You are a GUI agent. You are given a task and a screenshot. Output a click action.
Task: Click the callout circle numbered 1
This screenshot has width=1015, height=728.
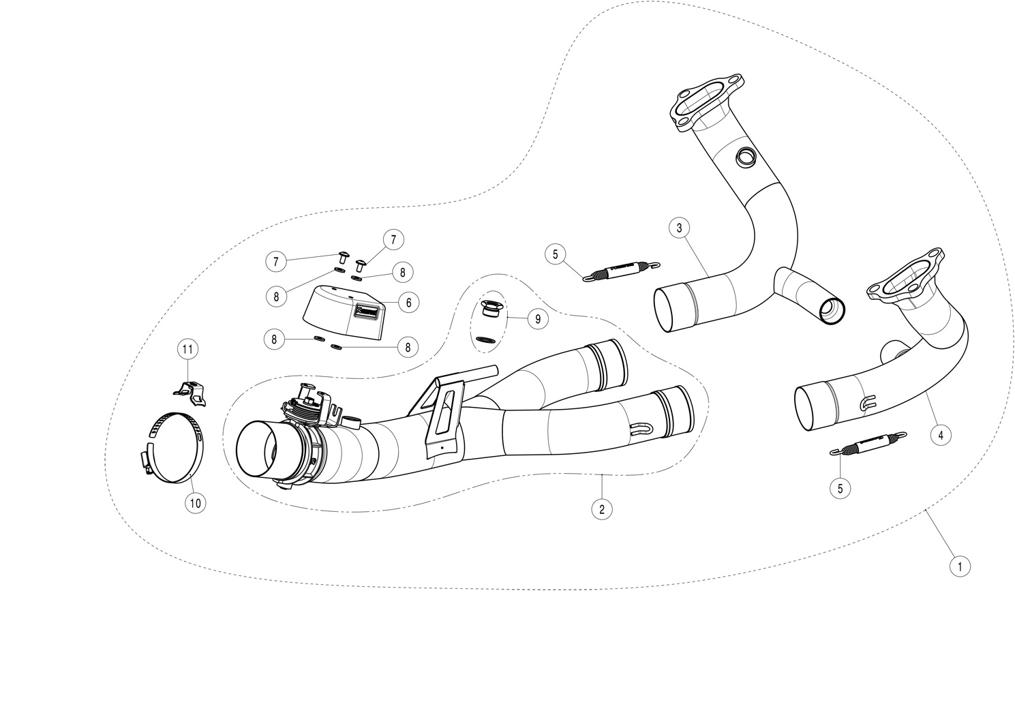point(959,565)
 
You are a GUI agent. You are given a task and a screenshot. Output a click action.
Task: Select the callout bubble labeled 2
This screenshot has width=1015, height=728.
point(601,508)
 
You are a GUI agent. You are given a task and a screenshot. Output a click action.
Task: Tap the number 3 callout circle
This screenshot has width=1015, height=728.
point(679,228)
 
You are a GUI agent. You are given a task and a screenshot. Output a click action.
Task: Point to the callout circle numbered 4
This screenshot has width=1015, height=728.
point(940,434)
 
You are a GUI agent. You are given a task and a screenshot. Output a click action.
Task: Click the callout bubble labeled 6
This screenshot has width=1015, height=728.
point(408,302)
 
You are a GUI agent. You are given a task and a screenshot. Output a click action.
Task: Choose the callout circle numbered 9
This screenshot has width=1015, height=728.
point(537,318)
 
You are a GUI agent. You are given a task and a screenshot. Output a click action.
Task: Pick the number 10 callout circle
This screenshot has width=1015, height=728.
point(195,503)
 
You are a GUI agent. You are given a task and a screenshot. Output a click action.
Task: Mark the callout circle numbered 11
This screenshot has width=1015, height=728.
point(187,350)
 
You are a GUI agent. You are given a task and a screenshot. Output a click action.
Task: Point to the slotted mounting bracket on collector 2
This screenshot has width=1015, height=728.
point(443,414)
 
